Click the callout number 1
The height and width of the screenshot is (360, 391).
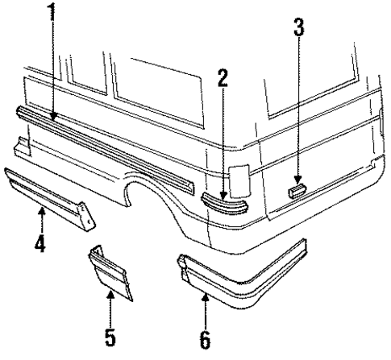[52, 14]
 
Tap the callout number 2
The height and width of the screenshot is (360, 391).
[223, 78]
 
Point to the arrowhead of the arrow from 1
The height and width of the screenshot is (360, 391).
[53, 119]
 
